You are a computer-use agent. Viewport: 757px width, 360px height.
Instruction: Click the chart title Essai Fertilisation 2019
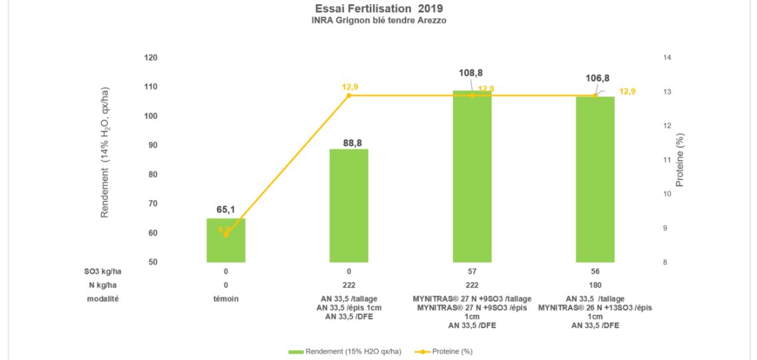378,9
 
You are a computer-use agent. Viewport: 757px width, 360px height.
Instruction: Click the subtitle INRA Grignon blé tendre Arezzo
378,21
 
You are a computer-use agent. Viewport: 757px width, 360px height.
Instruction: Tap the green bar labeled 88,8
349,206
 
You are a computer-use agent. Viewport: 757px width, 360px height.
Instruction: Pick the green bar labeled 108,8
472,179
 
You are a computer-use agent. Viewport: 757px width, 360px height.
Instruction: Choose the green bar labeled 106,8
595,179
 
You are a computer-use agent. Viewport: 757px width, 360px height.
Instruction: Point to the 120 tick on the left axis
151,58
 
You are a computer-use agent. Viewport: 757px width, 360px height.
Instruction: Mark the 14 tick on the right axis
667,58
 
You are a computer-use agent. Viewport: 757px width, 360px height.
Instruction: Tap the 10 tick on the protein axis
667,194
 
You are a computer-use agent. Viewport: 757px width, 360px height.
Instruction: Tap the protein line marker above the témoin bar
226,234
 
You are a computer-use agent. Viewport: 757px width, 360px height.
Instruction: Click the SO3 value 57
472,272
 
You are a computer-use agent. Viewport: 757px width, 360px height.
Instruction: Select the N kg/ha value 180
595,286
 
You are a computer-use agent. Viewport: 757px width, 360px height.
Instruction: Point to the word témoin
226,300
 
